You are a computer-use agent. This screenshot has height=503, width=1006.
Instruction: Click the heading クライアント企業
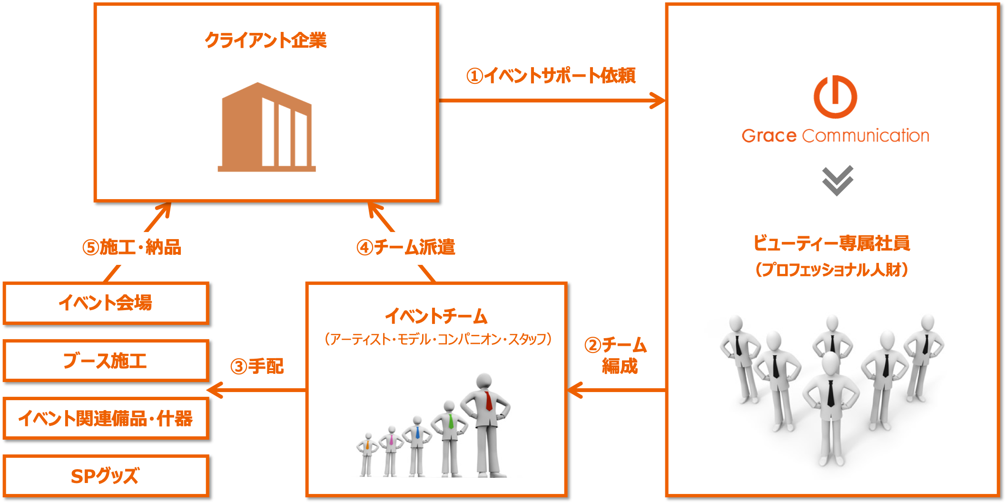coord(266,40)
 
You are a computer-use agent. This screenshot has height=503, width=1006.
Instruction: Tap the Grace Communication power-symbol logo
coord(835,97)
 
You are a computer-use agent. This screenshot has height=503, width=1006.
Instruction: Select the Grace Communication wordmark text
coord(835,136)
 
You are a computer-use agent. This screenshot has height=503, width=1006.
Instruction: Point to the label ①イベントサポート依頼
coord(551,75)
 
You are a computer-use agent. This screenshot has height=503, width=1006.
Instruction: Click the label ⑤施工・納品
coord(132,248)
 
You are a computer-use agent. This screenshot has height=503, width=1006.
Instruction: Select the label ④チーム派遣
coord(406,248)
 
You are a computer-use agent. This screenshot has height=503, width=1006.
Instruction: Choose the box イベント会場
coord(106,303)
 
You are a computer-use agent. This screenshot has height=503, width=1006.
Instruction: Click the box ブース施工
coord(106,361)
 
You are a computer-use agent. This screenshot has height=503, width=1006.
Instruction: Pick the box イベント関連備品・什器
coord(106,418)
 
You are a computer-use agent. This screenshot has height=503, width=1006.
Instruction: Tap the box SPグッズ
coord(106,476)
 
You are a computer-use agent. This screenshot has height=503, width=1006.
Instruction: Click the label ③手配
coord(257,366)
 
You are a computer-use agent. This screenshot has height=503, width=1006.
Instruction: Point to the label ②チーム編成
coord(616,355)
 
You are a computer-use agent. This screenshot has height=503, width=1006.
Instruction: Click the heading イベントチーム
coord(436,316)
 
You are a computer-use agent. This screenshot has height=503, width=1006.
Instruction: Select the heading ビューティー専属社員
coord(831,243)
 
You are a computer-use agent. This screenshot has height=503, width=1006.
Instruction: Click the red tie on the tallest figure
coord(488,401)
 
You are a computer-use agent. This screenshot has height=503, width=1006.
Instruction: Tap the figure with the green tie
coord(449,438)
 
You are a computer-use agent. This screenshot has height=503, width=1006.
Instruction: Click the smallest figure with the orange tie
coord(367,455)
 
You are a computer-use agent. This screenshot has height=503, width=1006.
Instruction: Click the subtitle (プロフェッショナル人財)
coord(831,270)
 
